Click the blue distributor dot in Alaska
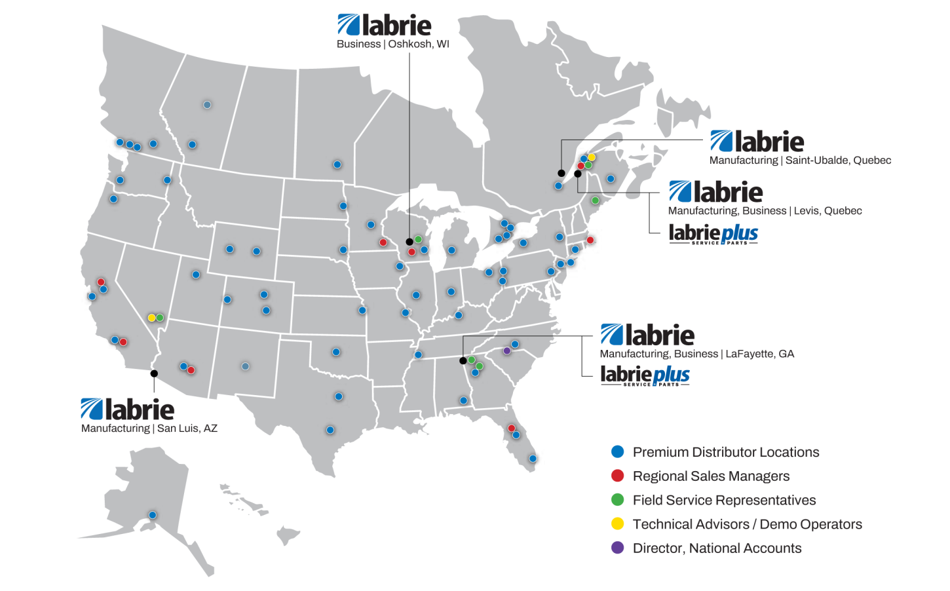(153, 515)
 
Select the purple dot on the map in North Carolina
(506, 351)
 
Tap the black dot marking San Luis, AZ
(154, 373)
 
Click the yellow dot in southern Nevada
(151, 318)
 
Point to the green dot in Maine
(595, 200)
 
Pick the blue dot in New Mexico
(245, 366)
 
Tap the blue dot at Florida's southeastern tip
(533, 459)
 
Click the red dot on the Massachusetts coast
(590, 240)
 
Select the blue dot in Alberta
(207, 105)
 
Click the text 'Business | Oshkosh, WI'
(392, 44)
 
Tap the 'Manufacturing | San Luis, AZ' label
(149, 429)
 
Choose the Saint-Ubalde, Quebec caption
(800, 161)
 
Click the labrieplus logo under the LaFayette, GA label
(645, 375)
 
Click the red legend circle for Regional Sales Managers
(617, 476)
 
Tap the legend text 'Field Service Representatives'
(724, 501)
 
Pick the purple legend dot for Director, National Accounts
(617, 548)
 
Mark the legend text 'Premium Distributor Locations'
(725, 452)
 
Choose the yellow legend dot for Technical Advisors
(617, 524)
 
